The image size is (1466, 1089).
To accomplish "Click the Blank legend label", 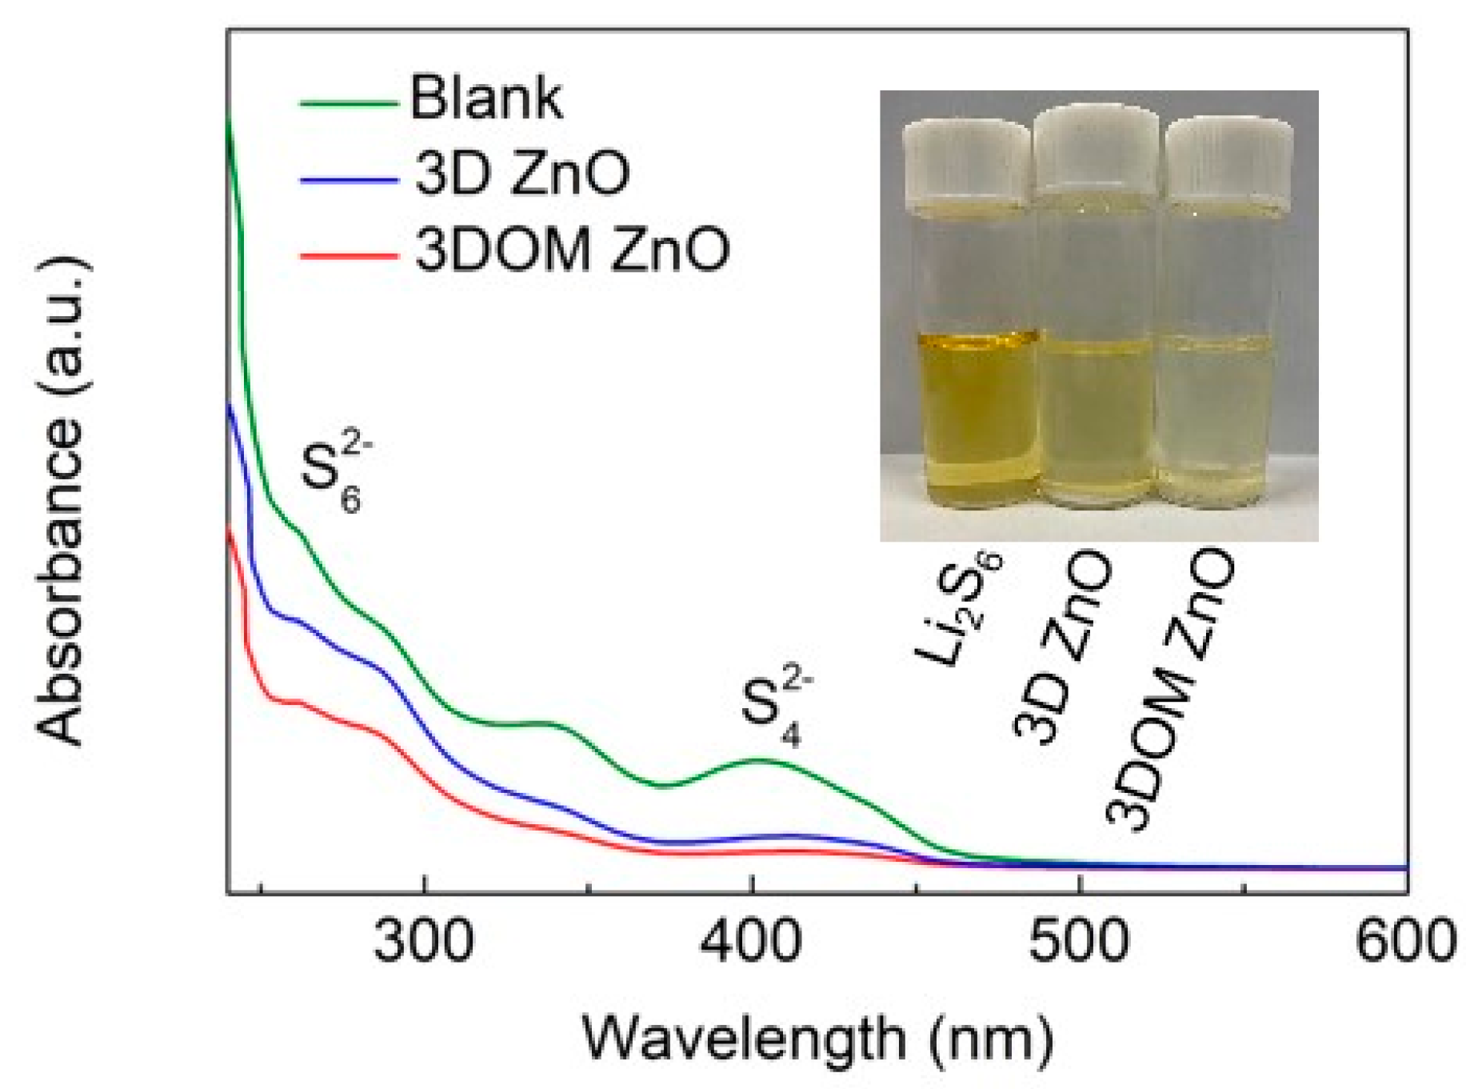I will pos(485,98).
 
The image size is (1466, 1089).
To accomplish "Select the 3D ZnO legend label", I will pos(521,174).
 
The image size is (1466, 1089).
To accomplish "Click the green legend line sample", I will pos(349,103).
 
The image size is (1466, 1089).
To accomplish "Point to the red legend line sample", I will pos(349,257).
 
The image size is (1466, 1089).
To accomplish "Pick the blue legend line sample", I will pos(349,181).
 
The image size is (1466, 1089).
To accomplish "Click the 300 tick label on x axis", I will pos(424,942).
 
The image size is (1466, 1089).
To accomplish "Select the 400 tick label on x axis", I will pos(750,942).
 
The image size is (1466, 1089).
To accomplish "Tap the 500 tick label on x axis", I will pos(1078,942).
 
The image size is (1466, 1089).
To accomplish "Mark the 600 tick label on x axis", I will pos(1405,942).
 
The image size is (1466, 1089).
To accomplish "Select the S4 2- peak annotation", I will pos(774,708).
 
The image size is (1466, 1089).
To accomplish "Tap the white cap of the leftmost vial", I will pos(966,160).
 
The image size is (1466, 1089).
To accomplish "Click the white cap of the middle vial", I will pos(1095,152).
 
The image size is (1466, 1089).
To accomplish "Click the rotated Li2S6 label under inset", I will pos(959,608).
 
